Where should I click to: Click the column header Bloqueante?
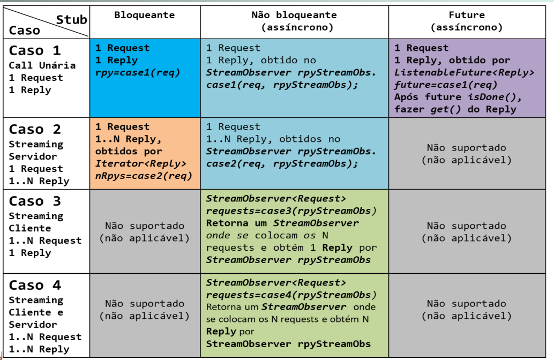(x=144, y=15)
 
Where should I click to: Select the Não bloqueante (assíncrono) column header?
(x=294, y=21)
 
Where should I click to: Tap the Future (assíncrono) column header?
(x=466, y=21)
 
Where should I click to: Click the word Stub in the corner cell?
(x=71, y=20)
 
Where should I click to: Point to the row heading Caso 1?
(x=35, y=51)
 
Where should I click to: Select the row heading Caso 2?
(x=35, y=130)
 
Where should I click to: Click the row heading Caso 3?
(x=35, y=201)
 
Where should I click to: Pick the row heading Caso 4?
(x=35, y=286)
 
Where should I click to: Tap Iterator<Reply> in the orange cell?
(x=141, y=163)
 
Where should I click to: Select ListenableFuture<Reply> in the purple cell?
(x=464, y=72)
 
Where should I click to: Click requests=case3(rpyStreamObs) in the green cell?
(x=291, y=211)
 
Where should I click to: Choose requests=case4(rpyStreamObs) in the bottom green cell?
(x=291, y=295)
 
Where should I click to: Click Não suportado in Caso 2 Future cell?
(x=466, y=148)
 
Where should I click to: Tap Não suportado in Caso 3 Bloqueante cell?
(x=144, y=226)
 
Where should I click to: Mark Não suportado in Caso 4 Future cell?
(x=466, y=304)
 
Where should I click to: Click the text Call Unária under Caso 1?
(x=42, y=65)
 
